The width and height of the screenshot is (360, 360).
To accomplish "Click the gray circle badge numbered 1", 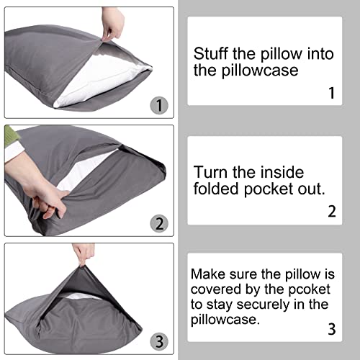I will coord(159,105).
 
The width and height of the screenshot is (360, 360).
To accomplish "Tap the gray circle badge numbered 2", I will coord(159,222).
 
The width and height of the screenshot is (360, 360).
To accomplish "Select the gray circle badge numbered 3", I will coord(159,340).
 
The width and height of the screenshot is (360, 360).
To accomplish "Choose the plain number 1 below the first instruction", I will coord(330,93).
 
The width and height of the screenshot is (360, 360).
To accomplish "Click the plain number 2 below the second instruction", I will coord(330,212).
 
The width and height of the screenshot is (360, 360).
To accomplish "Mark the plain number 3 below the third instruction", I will coord(330,330).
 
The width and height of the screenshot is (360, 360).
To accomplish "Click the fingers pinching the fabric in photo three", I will coord(84,253).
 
